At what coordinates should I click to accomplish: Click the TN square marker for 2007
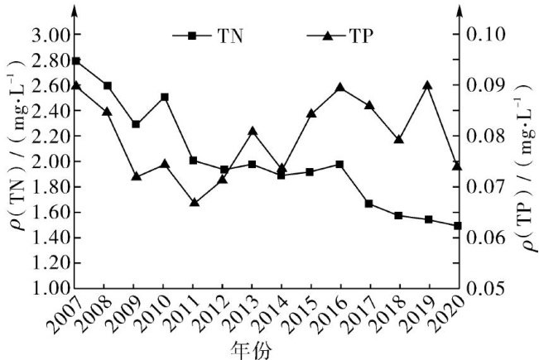pyautogui.click(x=76, y=60)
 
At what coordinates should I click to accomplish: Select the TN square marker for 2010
pyautogui.click(x=165, y=97)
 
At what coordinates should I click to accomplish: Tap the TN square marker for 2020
pyautogui.click(x=457, y=225)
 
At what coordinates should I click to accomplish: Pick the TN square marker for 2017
pyautogui.click(x=368, y=204)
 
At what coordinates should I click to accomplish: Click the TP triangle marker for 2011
pyautogui.click(x=194, y=202)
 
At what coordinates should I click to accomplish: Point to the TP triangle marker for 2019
pyautogui.click(x=427, y=84)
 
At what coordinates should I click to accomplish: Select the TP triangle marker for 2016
pyautogui.click(x=339, y=87)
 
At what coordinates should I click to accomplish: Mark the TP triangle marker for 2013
pyautogui.click(x=253, y=131)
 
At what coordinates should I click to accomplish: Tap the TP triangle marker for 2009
pyautogui.click(x=136, y=176)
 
